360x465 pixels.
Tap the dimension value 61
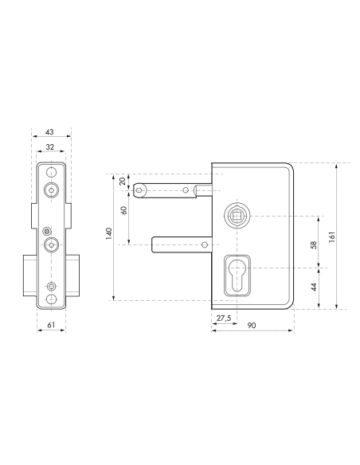coord(51,325)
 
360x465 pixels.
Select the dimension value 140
coord(109,235)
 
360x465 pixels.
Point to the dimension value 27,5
coord(224,318)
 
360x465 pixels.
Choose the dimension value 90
coord(252,326)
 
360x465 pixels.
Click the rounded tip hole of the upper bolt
coord(141,190)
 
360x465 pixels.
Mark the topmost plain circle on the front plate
coord(52,172)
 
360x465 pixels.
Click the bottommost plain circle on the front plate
coord(52,300)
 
